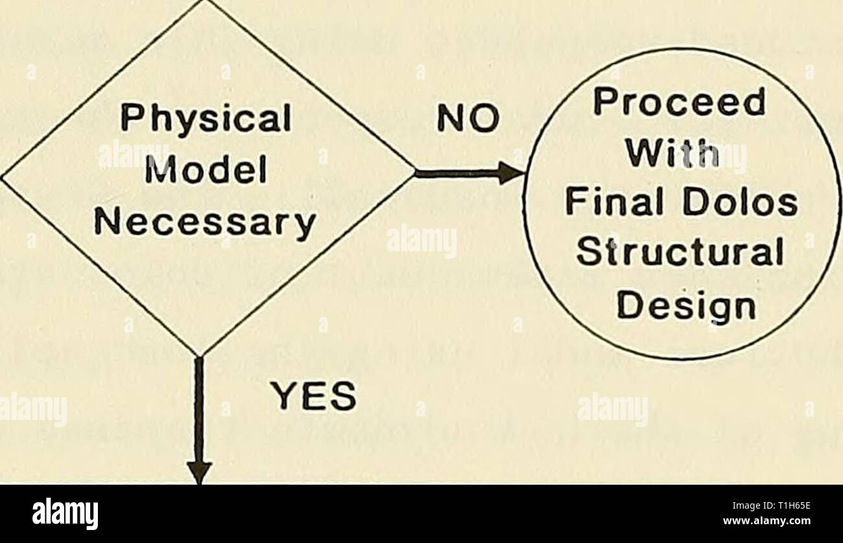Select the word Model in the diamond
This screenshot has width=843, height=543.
[206, 172]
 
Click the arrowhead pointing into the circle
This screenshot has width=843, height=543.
[512, 173]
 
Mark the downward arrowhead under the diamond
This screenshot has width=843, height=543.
[199, 471]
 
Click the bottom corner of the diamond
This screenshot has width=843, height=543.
[199, 356]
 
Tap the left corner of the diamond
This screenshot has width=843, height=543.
[3, 175]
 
